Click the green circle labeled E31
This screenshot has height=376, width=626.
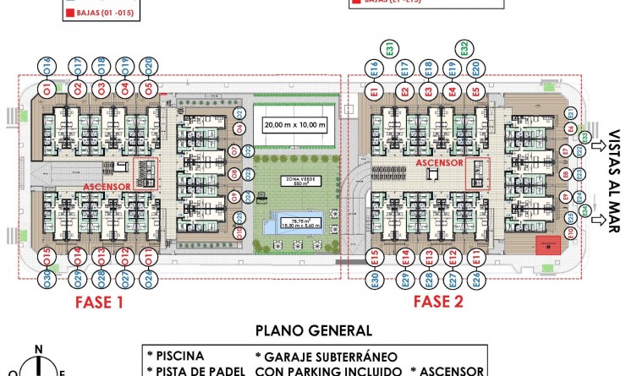point(387,49)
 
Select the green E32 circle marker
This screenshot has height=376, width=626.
point(464,48)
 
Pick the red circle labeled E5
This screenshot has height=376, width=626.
point(475,91)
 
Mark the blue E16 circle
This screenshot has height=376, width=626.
point(372,68)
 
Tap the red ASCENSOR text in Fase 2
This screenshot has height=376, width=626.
point(440,162)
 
